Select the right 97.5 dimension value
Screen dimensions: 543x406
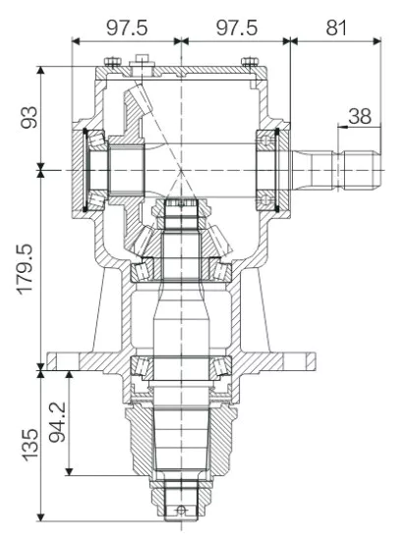pyautogui.click(x=235, y=26)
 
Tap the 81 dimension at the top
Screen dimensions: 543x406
pyautogui.click(x=336, y=26)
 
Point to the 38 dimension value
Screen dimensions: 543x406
pyautogui.click(x=360, y=115)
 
